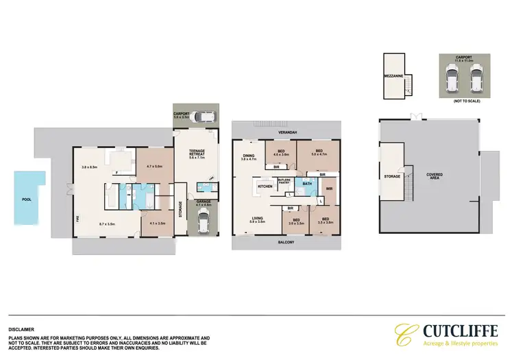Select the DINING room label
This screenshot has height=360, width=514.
pos(248,156)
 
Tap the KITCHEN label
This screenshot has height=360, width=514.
pos(265,186)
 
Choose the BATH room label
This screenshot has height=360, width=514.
pos(308,184)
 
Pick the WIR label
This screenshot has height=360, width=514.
pos(329,189)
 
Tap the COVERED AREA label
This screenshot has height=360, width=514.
pos(435,176)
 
